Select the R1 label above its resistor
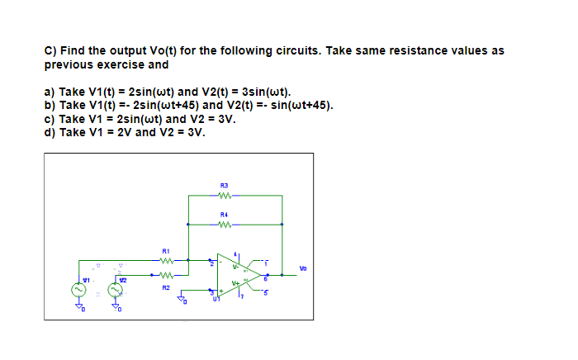point(165,249)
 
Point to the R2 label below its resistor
point(165,288)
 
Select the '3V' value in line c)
point(226,119)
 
